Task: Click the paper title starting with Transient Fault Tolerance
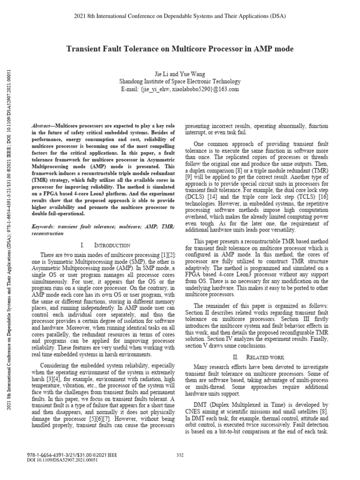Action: [180, 49]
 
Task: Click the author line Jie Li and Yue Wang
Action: [180, 74]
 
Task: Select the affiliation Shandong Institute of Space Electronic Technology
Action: [180, 81]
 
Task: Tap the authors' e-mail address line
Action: [180, 89]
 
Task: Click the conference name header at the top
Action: [180, 16]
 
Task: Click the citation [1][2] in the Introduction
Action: [168, 254]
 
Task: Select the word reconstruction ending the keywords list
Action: [47, 233]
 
